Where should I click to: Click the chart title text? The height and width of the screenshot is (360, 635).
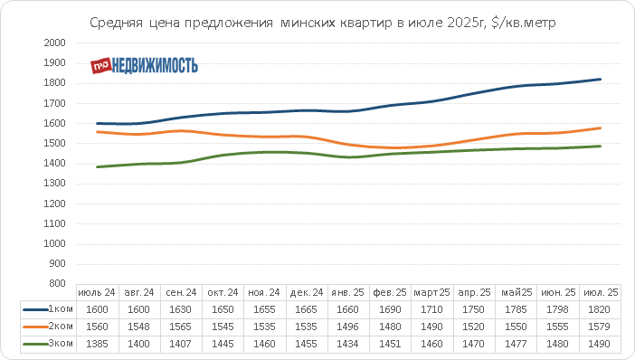pyautogui.click(x=322, y=23)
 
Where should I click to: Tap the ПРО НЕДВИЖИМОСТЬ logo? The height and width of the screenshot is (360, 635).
pyautogui.click(x=144, y=65)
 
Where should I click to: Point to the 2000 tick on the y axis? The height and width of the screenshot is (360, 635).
pyautogui.click(x=54, y=43)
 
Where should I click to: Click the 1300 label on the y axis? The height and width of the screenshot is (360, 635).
pyautogui.click(x=54, y=184)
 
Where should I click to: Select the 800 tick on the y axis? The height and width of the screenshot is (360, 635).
pyautogui.click(x=57, y=283)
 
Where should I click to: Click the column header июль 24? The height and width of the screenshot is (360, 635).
pyautogui.click(x=97, y=292)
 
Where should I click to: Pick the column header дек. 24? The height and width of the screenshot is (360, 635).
pyautogui.click(x=307, y=292)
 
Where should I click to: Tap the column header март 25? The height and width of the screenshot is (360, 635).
pyautogui.click(x=431, y=292)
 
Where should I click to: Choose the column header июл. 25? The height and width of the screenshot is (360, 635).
pyautogui.click(x=601, y=292)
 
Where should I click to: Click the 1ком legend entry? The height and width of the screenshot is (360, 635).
pyautogui.click(x=48, y=309)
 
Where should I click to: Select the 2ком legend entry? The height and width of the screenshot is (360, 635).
pyautogui.click(x=48, y=327)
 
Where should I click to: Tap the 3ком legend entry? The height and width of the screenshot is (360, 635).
pyautogui.click(x=48, y=344)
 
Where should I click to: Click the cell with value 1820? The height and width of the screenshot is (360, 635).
pyautogui.click(x=599, y=309)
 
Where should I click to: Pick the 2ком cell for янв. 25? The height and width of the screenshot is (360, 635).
pyautogui.click(x=347, y=327)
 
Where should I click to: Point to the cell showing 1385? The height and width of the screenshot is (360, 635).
pyautogui.click(x=97, y=345)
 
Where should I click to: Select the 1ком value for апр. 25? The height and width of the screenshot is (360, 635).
pyautogui.click(x=473, y=309)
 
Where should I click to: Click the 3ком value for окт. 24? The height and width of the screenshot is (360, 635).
pyautogui.click(x=223, y=345)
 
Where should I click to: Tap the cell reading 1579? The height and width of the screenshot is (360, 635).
pyautogui.click(x=599, y=327)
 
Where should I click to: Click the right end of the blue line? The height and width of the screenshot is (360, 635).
pyautogui.click(x=600, y=80)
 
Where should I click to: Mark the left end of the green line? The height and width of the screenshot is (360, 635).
pyautogui.click(x=97, y=166)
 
